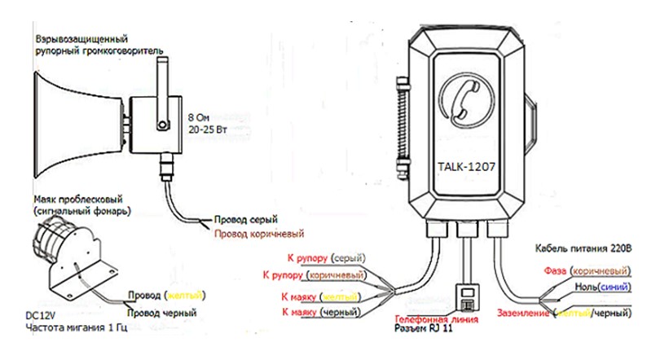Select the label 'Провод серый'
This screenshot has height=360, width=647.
coord(246,219)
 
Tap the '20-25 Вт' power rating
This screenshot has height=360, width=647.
coord(206,129)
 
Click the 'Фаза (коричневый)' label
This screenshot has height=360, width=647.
coord(582,270)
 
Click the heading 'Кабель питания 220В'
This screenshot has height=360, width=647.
coord(583,248)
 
